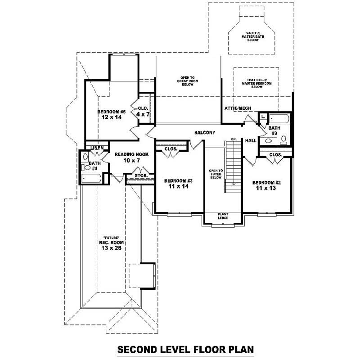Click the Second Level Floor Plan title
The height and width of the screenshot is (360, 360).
click(x=185, y=349)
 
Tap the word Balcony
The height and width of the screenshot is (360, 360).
click(x=205, y=133)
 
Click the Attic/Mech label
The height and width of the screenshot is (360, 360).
click(x=238, y=108)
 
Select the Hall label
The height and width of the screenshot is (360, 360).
click(x=251, y=141)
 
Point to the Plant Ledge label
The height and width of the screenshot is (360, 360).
click(x=223, y=216)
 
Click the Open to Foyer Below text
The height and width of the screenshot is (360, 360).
click(x=216, y=174)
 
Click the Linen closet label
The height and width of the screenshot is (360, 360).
click(x=97, y=148)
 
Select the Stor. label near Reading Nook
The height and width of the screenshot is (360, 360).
click(x=140, y=175)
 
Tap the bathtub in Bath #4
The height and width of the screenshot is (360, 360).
click(x=92, y=179)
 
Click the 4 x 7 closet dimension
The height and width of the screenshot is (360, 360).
click(x=142, y=115)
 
